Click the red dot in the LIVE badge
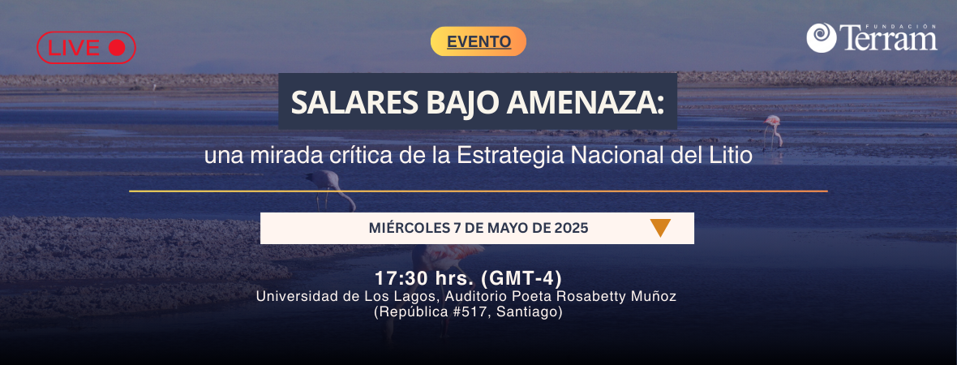[117, 48]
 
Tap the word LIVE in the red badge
[74, 48]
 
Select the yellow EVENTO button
[478, 41]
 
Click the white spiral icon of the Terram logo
[821, 38]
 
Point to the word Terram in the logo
[888, 38]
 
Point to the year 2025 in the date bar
[571, 228]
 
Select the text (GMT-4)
[521, 279]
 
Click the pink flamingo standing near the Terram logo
[773, 131]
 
